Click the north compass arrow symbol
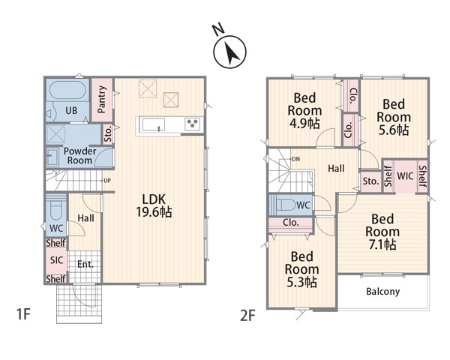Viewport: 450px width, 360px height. pyautogui.click(x=230, y=52)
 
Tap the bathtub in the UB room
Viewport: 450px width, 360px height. pyautogui.click(x=67, y=90)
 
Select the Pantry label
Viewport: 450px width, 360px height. pyautogui.click(x=102, y=99)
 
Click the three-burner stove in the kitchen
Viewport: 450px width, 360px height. pyautogui.click(x=192, y=124)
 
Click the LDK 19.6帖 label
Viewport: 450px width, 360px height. pyautogui.click(x=154, y=205)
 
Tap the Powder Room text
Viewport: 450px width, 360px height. pyautogui.click(x=79, y=155)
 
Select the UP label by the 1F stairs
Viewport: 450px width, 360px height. pyautogui.click(x=107, y=181)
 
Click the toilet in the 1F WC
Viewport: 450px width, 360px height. pyautogui.click(x=56, y=209)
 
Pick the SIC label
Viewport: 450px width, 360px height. pyautogui.click(x=56, y=260)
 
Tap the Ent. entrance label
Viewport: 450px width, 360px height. pyautogui.click(x=85, y=264)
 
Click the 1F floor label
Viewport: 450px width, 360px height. pyautogui.click(x=23, y=314)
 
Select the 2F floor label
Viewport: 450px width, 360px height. pyautogui.click(x=247, y=316)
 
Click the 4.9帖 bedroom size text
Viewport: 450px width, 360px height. pyautogui.click(x=304, y=124)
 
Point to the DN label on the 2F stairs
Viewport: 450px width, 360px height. pyautogui.click(x=296, y=159)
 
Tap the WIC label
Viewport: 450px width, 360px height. pyautogui.click(x=405, y=175)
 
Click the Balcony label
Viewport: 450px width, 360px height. pyautogui.click(x=382, y=292)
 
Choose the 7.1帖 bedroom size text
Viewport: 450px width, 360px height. pyautogui.click(x=382, y=244)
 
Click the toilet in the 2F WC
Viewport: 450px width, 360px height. pyautogui.click(x=286, y=205)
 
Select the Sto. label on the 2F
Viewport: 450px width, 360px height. pyautogui.click(x=370, y=181)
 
